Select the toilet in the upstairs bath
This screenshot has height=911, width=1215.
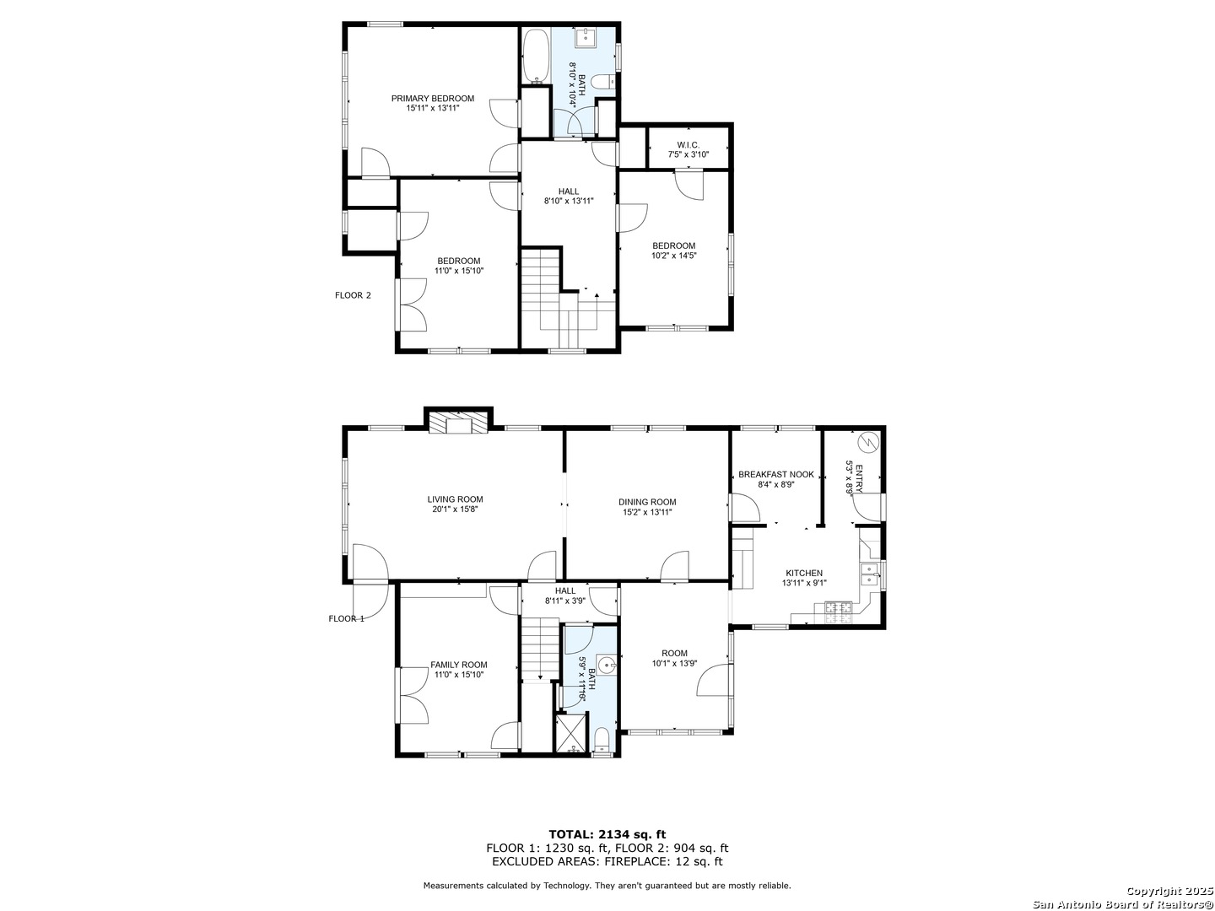point(603,82)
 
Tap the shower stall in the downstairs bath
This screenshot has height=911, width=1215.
point(570,732)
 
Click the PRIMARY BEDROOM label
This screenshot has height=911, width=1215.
point(433,99)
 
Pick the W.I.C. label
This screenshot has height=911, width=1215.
point(688,145)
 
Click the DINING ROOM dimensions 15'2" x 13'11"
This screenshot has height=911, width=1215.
point(647,512)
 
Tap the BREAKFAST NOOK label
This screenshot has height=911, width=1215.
point(776,475)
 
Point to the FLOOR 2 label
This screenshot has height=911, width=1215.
point(353,295)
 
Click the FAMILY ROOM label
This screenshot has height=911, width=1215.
point(459,665)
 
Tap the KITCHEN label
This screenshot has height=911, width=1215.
point(804,573)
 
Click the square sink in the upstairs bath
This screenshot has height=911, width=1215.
point(584,38)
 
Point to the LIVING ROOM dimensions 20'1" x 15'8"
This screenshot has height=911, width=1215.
point(454,509)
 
